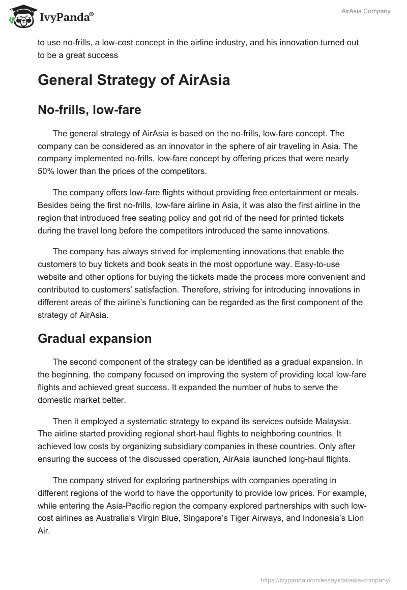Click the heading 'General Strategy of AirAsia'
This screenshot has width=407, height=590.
coord(134,80)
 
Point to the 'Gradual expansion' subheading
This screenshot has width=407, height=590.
coord(95,339)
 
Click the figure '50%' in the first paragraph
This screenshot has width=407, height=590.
coord(47,171)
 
